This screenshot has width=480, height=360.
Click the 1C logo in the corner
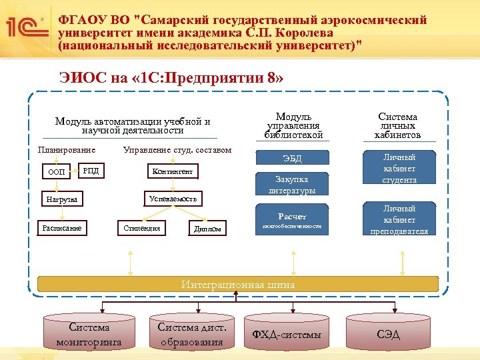click(26, 27)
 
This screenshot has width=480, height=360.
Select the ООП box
click(57, 172)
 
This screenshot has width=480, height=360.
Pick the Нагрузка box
click(61, 199)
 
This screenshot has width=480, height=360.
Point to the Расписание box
click(61, 228)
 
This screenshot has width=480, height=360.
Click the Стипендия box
click(142, 228)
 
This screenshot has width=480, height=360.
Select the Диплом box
click(206, 229)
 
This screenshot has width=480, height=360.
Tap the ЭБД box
click(292, 158)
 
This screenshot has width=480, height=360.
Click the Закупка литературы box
click(292, 185)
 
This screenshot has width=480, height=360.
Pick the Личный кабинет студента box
click(399, 169)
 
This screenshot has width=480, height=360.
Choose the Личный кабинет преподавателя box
click(399, 220)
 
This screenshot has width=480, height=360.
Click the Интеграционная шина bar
click(238, 285)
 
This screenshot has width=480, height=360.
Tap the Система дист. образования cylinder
click(192, 334)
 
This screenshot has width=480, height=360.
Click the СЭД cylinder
click(388, 334)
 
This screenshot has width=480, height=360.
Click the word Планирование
click(67, 149)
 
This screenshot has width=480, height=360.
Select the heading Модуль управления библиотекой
click(294, 125)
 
